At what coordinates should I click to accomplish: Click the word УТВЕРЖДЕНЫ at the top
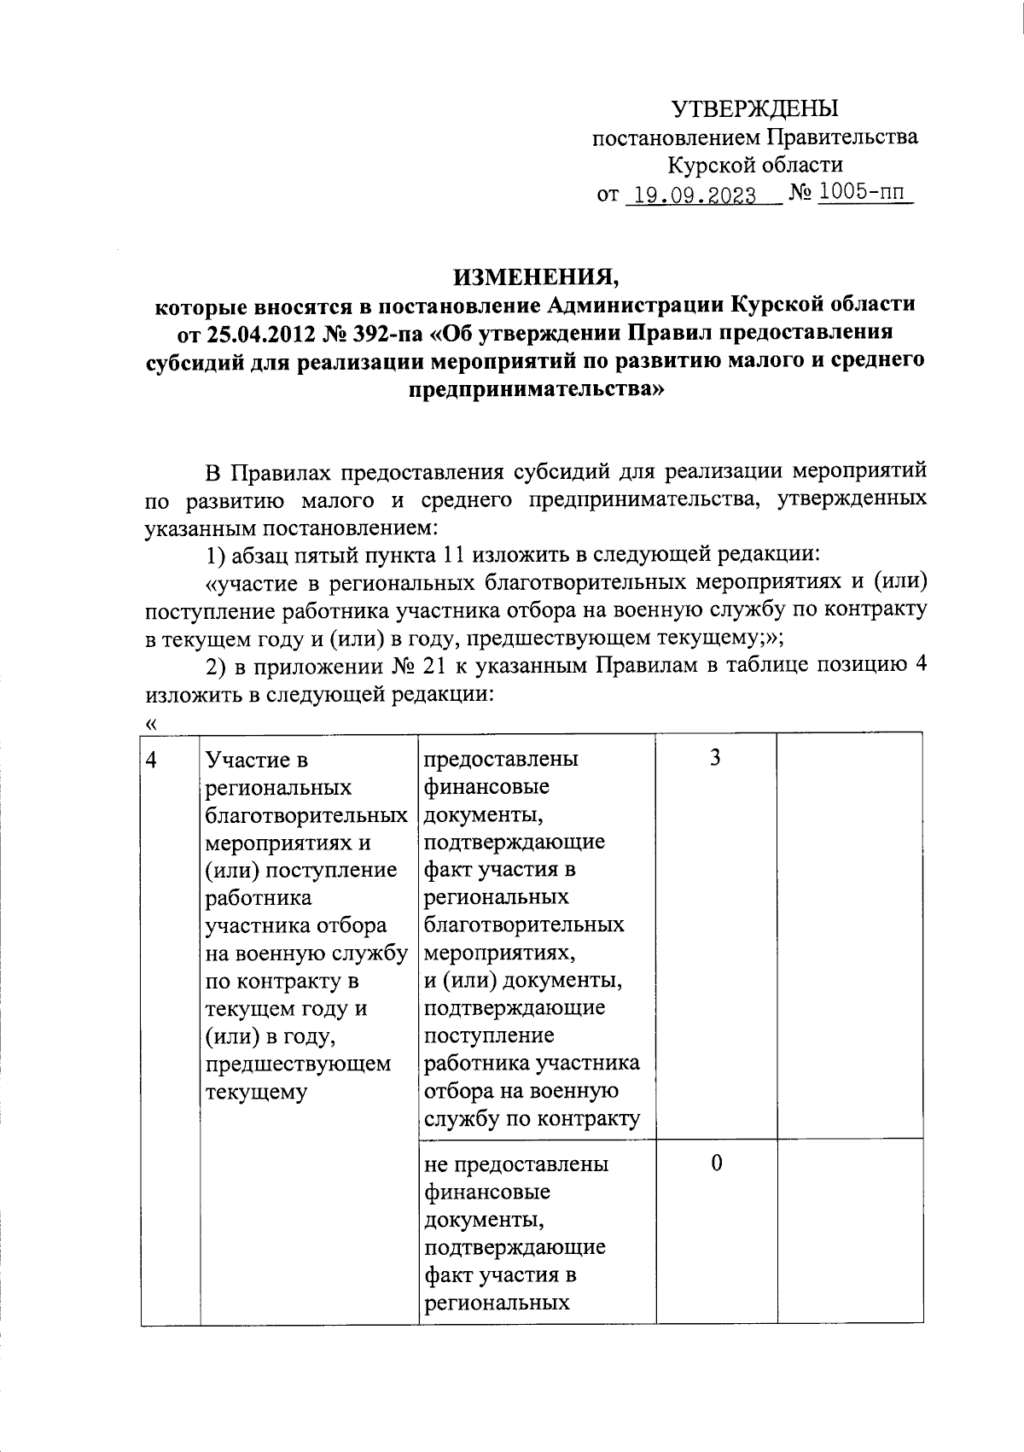point(754,108)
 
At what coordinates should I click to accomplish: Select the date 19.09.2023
point(690,195)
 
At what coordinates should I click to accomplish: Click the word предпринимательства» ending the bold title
point(535,389)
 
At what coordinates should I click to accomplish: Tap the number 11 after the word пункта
point(451,556)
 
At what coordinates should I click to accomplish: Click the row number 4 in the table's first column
point(152,760)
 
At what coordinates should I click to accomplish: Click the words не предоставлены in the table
point(516,1163)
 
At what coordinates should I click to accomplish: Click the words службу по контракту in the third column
point(532,1118)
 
